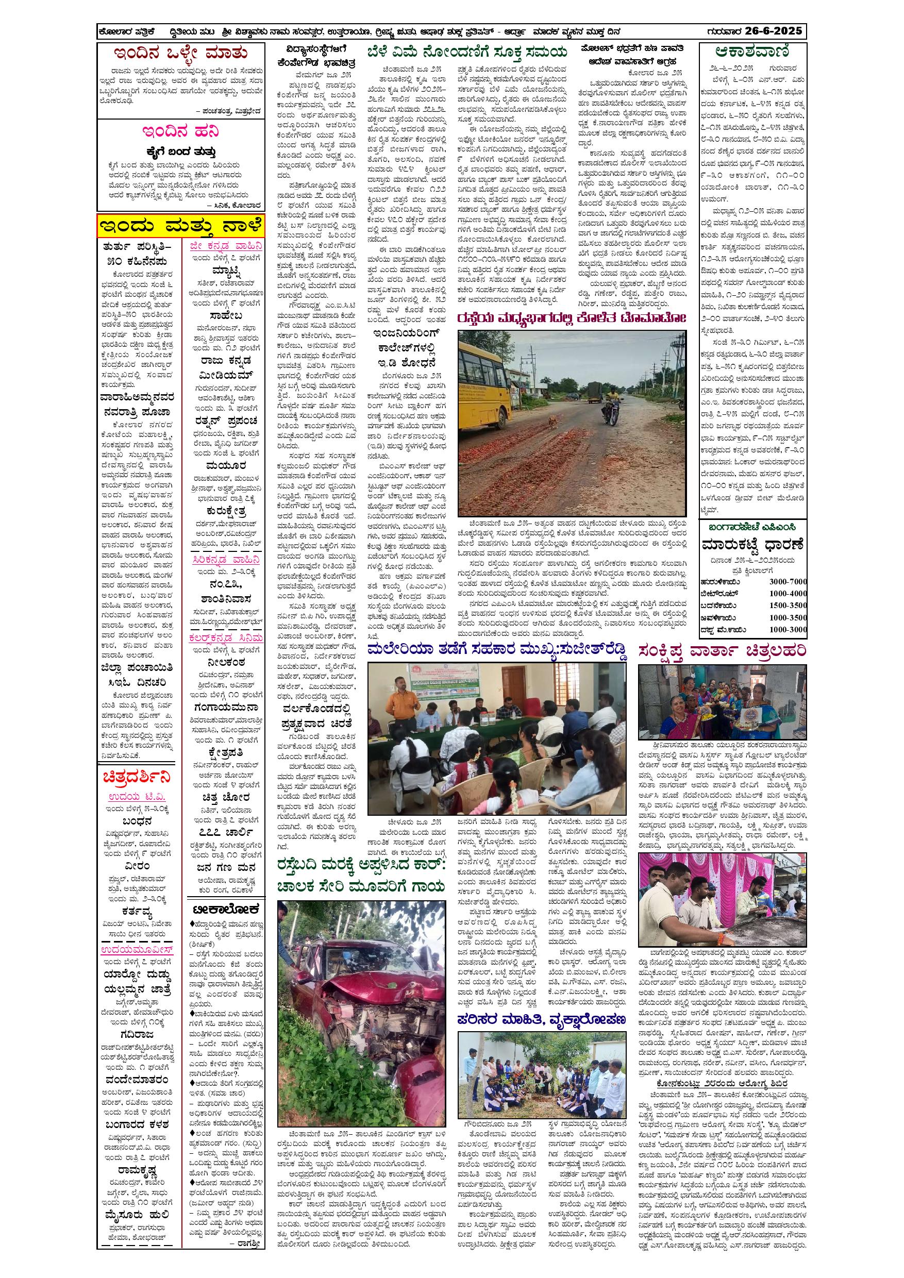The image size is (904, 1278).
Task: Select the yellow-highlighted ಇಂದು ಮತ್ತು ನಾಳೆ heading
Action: (181, 227)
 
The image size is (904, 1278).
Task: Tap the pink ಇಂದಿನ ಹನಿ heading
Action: (181, 131)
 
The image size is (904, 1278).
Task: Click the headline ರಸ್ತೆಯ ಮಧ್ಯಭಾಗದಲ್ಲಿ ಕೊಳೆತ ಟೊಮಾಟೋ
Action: (572, 318)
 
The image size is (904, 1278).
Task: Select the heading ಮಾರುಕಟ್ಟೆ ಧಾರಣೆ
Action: (752, 544)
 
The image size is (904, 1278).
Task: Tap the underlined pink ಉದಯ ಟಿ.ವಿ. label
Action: (137, 797)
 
